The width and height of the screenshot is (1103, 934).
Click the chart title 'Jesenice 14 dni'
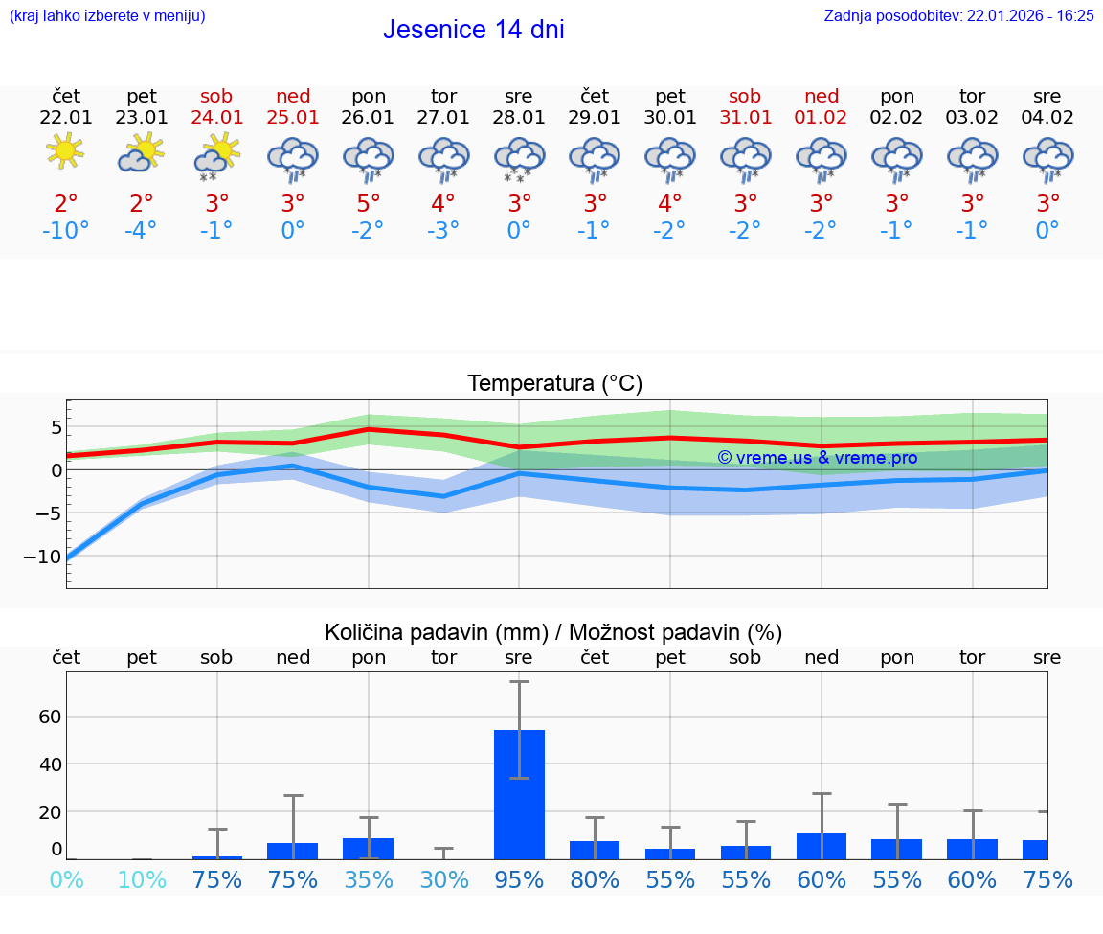[x=473, y=30]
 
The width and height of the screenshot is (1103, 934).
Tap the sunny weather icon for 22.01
[x=65, y=150]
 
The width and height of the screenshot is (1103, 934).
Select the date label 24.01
[x=216, y=118]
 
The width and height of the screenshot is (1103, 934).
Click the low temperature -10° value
[x=65, y=231]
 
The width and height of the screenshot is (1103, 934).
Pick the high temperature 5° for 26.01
[x=368, y=204]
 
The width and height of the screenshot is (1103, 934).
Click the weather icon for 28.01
[x=519, y=158]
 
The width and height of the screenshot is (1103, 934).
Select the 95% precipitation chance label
[x=519, y=880]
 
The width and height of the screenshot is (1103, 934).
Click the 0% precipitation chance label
[x=65, y=880]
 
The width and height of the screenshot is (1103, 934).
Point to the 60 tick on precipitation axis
[x=50, y=717]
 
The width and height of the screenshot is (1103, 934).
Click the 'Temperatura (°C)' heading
[x=554, y=384]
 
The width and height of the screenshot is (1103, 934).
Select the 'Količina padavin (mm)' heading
[x=436, y=632]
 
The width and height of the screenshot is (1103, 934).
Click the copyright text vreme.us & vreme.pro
[x=817, y=458]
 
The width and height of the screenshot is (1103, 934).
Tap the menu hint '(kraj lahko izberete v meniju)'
[x=106, y=15]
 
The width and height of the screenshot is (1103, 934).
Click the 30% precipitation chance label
[x=443, y=880]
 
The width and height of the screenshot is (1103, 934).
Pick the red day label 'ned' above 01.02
[x=821, y=96]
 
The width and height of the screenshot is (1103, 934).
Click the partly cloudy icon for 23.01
[x=141, y=152]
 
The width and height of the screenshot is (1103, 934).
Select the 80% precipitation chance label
[x=595, y=880]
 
